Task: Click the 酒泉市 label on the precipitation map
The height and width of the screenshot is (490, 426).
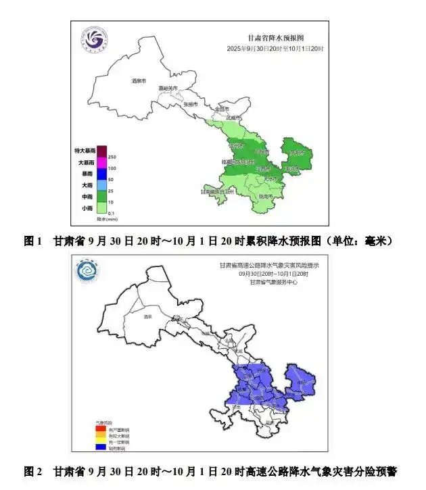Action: coord(139,81)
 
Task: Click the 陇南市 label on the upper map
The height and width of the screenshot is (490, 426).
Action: coord(265,197)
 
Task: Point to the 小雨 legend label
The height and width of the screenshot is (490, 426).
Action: coord(88,208)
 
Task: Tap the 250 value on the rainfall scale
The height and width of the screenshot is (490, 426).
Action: coord(112,157)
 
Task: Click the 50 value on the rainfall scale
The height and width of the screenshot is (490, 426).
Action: coord(112,179)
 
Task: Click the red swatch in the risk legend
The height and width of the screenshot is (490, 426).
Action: coord(99,429)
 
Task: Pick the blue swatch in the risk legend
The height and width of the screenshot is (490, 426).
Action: coord(99,447)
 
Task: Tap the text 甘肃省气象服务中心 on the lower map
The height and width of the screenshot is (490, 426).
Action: coord(273,282)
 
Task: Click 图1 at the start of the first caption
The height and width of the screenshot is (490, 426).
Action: coord(33,241)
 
